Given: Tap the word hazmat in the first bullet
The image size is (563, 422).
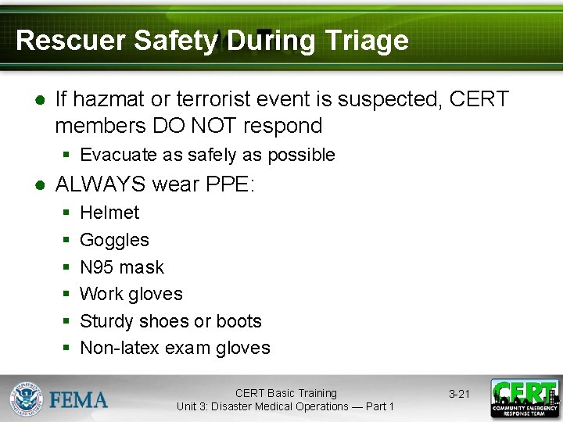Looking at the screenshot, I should pos(112,100).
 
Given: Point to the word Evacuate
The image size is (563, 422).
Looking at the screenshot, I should pos(118,155).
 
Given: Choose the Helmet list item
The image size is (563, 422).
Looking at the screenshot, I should pos(109,213).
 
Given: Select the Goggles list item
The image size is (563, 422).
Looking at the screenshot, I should pos(114,240).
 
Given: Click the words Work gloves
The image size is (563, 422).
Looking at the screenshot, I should pos(131,294).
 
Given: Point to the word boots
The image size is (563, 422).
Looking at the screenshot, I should pos(238,321).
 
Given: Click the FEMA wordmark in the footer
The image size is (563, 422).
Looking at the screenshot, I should pos(79,400).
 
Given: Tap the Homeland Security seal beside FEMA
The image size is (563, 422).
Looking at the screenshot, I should pos(27,399).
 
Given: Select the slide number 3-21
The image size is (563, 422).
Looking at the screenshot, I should pos(459,394).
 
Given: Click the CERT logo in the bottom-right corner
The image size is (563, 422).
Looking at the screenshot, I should pos(525,399).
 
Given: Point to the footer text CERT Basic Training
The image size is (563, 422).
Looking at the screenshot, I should pos(285,393).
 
